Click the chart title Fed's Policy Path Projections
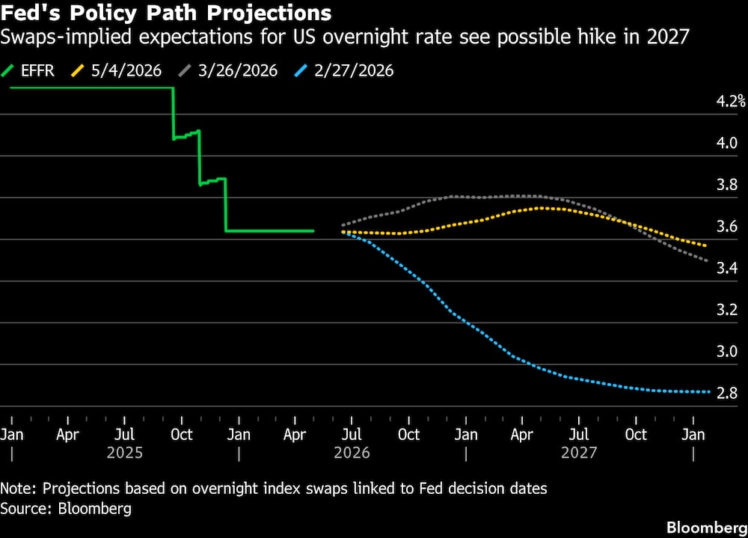coord(165,13)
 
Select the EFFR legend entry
coord(28,70)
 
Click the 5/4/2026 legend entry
coord(116,70)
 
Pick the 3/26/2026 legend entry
coord(227,70)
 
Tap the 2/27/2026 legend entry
coord(344,70)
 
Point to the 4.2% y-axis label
coord(730,101)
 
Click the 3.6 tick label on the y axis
coord(726,226)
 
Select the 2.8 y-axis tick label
coord(726,393)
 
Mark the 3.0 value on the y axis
coord(726,352)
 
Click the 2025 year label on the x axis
coord(124,453)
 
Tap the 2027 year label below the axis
coord(579,453)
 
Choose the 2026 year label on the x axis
coord(352,453)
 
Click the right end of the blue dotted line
coord(709,392)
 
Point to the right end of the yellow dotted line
coord(705,245)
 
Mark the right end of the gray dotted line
coord(706,260)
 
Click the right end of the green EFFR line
coord(313,231)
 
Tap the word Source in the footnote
coord(25,508)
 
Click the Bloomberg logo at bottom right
coord(707,528)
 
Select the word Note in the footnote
coord(18,489)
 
